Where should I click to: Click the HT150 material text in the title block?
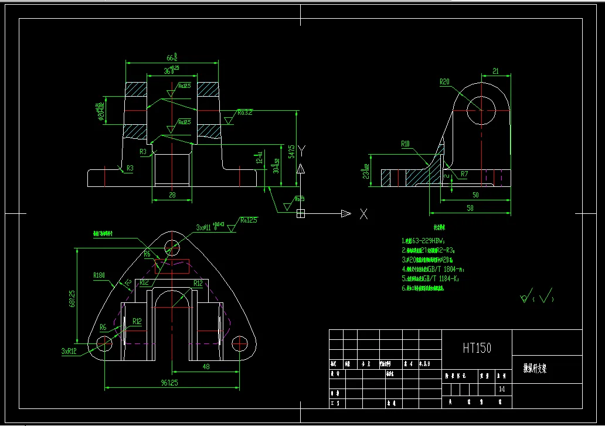point(477,347)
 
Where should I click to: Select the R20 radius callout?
point(444,82)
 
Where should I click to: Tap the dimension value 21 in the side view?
point(495,71)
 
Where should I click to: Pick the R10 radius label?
point(405,144)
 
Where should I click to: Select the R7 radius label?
point(464,174)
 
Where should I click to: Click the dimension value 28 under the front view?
point(172,195)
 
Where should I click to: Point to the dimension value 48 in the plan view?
point(206,367)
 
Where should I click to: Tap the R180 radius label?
point(99,275)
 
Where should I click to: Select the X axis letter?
point(363,214)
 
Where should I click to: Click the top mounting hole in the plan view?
point(172,246)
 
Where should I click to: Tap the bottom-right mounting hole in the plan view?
point(240,342)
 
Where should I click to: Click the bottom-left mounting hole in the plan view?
point(104,342)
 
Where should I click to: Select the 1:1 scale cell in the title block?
point(501,388)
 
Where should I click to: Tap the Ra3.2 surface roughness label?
point(244,113)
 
